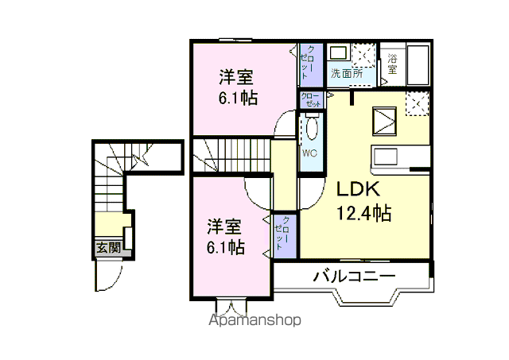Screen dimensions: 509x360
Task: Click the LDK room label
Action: click(x=358, y=189)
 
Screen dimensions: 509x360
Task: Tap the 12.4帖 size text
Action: click(x=363, y=213)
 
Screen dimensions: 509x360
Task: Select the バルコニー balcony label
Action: click(x=354, y=277)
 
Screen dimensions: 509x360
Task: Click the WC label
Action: click(x=309, y=153)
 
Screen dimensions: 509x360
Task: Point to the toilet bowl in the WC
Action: click(x=312, y=128)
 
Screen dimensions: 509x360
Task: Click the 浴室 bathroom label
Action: click(x=392, y=64)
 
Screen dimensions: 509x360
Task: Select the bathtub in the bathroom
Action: click(x=418, y=65)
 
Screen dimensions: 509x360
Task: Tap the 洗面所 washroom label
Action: click(x=347, y=73)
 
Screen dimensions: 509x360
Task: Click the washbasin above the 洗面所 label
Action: click(x=338, y=53)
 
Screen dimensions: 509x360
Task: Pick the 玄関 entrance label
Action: click(x=108, y=248)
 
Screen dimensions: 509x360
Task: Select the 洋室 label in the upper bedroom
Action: click(x=236, y=77)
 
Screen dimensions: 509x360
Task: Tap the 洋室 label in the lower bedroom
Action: click(x=224, y=227)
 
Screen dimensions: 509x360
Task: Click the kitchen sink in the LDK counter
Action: click(x=386, y=157)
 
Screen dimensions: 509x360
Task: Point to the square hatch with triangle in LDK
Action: click(x=384, y=121)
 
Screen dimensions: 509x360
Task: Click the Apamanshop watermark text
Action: click(x=254, y=320)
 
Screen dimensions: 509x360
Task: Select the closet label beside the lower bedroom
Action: click(x=282, y=233)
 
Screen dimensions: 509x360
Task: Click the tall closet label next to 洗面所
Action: click(x=308, y=63)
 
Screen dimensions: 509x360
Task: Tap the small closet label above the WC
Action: click(x=311, y=100)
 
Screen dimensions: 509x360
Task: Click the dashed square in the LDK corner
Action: click(x=417, y=103)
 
